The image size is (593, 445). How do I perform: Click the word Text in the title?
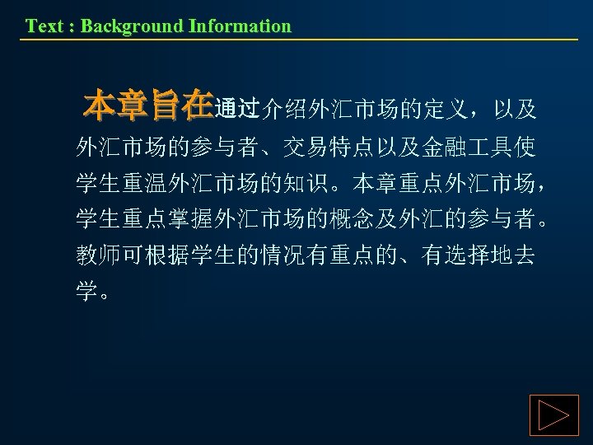pyautogui.click(x=43, y=26)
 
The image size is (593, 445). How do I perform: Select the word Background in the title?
pyautogui.click(x=132, y=26)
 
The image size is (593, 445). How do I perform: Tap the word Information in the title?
pyautogui.click(x=240, y=26)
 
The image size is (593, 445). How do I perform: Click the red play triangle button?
pyautogui.click(x=553, y=415)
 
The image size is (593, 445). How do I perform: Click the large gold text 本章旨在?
pyautogui.click(x=148, y=106)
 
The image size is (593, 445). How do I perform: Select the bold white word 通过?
pyautogui.click(x=236, y=108)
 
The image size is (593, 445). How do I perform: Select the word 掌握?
pyautogui.click(x=191, y=219)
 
